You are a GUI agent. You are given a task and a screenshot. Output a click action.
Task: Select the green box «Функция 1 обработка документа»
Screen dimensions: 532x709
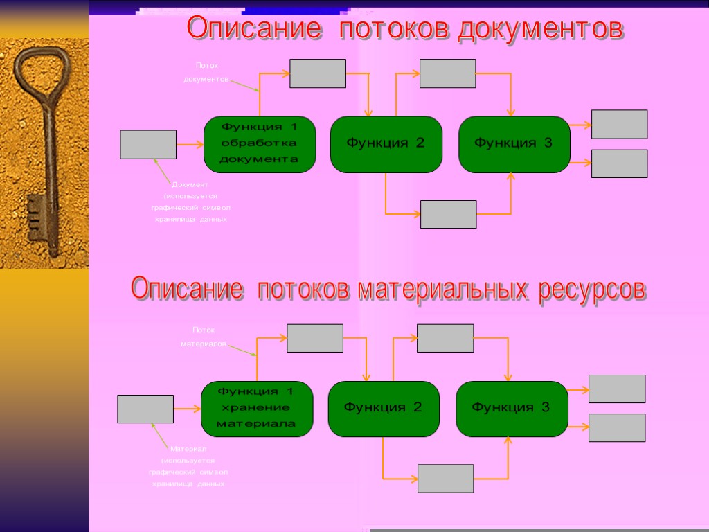click(260, 144)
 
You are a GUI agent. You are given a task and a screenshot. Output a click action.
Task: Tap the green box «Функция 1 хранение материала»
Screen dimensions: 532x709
click(257, 409)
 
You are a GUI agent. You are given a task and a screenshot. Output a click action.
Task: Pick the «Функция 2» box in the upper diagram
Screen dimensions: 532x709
click(386, 144)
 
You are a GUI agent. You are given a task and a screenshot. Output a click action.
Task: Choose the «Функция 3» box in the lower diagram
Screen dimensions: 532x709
click(512, 409)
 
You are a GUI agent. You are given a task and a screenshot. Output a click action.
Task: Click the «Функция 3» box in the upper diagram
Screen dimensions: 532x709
click(514, 144)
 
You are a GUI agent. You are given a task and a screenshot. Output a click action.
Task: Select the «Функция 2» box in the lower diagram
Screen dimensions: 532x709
click(384, 409)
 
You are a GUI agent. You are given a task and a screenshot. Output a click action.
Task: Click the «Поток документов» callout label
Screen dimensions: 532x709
click(206, 72)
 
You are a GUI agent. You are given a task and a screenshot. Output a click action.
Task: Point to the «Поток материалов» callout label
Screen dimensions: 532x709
click(204, 337)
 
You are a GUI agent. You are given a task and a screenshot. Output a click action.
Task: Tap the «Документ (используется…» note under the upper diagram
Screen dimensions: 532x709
click(190, 202)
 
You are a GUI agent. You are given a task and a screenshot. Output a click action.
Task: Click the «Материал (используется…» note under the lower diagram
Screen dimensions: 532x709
click(188, 466)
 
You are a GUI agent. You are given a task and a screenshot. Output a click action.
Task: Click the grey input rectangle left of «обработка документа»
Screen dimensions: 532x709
click(148, 144)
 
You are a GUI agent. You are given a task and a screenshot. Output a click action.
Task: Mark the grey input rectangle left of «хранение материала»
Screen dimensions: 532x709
click(145, 409)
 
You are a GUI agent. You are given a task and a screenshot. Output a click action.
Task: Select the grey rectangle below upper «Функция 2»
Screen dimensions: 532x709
click(449, 214)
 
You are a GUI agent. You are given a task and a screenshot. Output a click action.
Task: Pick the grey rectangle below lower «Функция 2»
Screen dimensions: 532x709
click(446, 479)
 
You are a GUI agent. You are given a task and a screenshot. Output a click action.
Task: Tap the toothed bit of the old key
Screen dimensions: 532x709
click(34, 218)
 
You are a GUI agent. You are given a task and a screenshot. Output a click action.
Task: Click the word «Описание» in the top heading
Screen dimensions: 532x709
click(254, 30)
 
